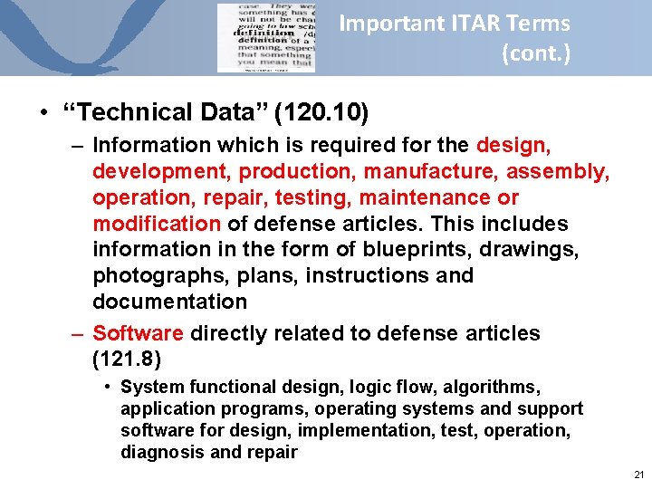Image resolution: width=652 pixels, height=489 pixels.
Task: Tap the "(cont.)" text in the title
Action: click(x=536, y=53)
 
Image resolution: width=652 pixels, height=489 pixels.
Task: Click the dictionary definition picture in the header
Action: click(x=266, y=38)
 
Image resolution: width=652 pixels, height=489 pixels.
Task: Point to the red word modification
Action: click(x=156, y=224)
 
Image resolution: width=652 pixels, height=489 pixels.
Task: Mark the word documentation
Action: click(x=169, y=302)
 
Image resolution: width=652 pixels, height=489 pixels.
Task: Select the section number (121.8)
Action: click(x=127, y=360)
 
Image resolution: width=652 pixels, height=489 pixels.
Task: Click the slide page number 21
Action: click(x=639, y=475)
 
